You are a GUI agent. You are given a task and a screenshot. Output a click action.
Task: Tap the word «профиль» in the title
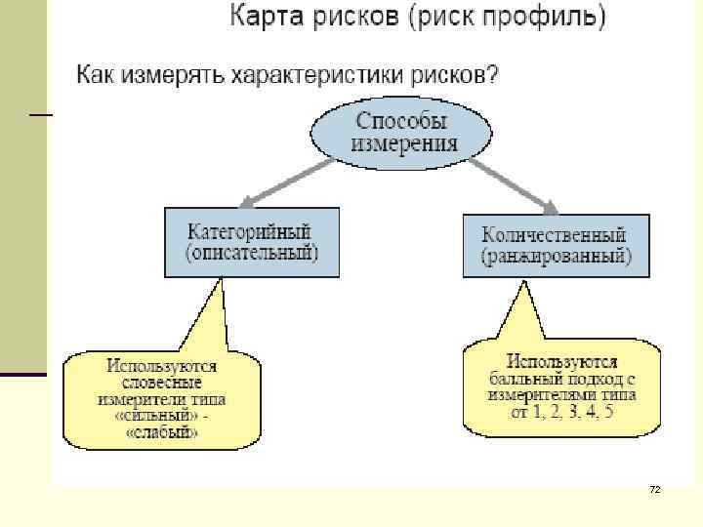[535, 18]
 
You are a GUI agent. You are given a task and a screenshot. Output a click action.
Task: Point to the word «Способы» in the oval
[401, 122]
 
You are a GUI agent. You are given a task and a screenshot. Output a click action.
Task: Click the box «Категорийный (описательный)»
[252, 242]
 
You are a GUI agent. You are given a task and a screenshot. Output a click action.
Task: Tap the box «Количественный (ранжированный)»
[555, 245]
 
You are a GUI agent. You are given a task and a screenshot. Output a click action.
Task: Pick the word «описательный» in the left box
[252, 254]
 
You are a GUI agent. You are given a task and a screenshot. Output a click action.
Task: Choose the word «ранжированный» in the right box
[556, 257]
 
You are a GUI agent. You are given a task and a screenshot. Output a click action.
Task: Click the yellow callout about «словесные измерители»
[161, 397]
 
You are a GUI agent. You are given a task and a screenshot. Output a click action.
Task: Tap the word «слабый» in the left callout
[161, 432]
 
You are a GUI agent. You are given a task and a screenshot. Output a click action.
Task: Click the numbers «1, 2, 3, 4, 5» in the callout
[573, 411]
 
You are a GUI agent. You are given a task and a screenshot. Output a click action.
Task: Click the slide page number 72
[655, 488]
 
